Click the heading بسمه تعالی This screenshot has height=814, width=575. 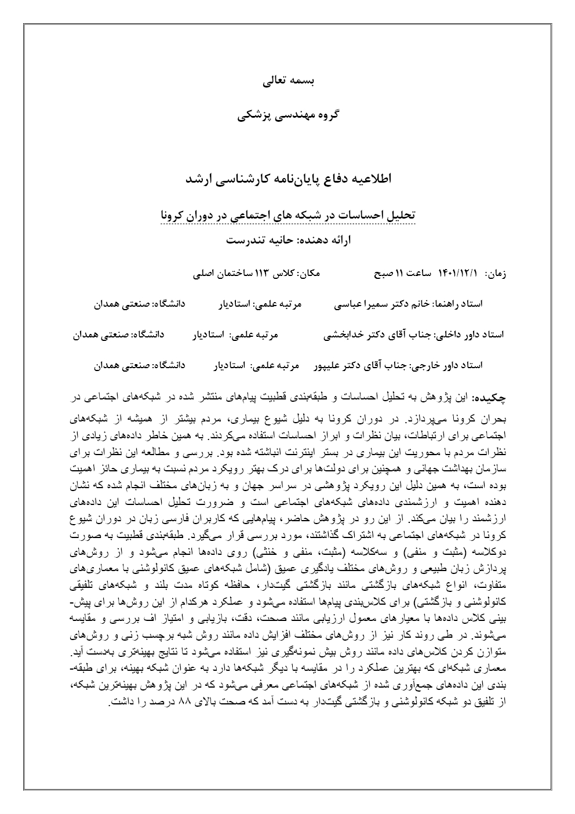[x=288, y=82]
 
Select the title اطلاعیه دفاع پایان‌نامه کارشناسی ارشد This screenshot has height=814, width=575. [x=288, y=179]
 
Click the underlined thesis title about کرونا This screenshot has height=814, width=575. [x=288, y=215]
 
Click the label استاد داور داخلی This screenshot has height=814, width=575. [x=470, y=335]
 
